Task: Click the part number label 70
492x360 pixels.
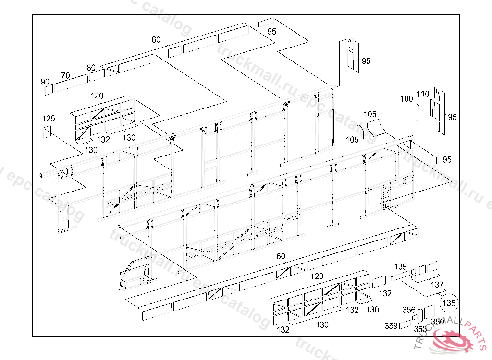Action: pos(65,75)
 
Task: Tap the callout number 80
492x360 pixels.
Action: pos(91,68)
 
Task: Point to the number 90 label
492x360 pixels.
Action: pos(45,82)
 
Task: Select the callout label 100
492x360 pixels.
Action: pos(406,99)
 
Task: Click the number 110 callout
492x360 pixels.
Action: pos(423,94)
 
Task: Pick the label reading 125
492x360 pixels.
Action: pos(49,119)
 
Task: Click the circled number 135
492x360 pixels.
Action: pos(449,303)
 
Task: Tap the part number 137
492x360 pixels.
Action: pos(437,285)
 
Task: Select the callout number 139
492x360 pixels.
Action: pos(400,266)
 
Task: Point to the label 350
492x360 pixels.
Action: pos(437,322)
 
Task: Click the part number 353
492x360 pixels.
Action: pos(420,329)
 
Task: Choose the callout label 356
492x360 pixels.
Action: pos(409,310)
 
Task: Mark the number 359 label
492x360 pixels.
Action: pos(391,326)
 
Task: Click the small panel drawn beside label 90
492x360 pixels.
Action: pos(49,90)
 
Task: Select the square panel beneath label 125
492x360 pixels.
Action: pos(47,132)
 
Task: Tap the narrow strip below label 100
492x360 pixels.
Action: pos(417,112)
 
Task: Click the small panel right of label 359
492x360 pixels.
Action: pos(405,324)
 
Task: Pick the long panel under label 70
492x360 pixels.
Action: pos(71,83)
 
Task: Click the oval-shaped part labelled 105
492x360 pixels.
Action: pos(360,132)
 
